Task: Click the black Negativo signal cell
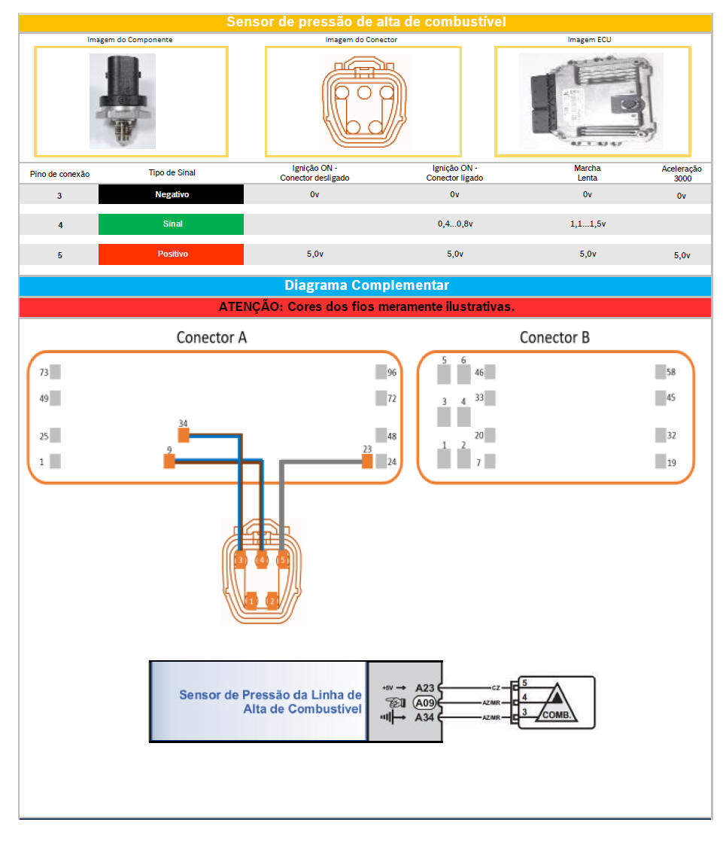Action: coord(172,195)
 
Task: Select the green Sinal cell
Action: coord(172,224)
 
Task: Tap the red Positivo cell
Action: coord(172,254)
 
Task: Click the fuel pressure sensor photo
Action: coord(123,101)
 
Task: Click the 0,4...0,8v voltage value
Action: coord(454,224)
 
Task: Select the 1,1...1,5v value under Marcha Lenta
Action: coord(588,224)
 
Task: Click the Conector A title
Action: coord(211,337)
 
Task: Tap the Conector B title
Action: coord(554,337)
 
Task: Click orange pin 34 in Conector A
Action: coord(184,434)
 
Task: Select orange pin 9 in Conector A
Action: coord(169,461)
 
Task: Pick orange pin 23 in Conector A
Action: coord(367,461)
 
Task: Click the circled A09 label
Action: coord(425,702)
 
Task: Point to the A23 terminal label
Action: coord(425,687)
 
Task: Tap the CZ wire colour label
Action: coord(496,687)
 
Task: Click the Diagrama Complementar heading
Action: coord(366,286)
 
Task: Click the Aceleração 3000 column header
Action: coord(682,174)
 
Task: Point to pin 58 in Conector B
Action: coord(661,372)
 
